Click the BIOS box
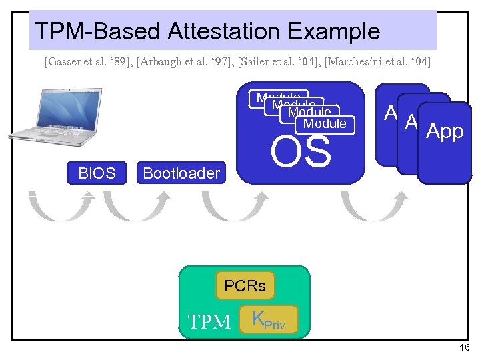click(x=97, y=173)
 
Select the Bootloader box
click(x=181, y=173)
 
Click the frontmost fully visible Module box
click(x=325, y=123)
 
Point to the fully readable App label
click(x=445, y=131)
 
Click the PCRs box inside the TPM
click(x=245, y=286)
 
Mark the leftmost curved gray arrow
click(x=59, y=205)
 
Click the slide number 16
click(x=465, y=348)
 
